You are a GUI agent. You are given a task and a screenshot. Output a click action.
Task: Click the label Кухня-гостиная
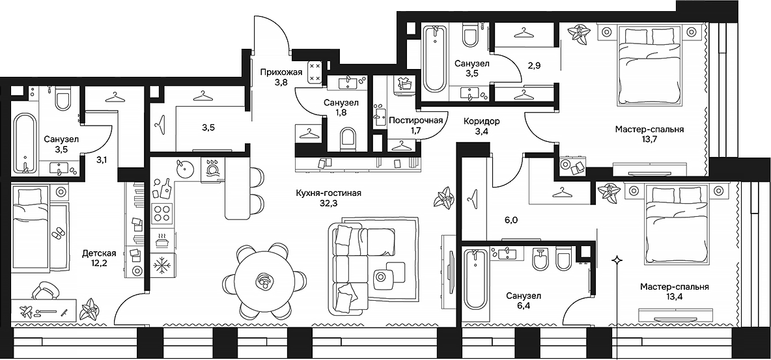tap(318, 193)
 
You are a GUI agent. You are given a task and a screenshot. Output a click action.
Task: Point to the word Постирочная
tap(415, 120)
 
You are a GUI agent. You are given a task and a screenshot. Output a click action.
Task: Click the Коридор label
tap(481, 121)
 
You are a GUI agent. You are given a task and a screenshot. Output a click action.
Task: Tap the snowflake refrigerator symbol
tap(160, 265)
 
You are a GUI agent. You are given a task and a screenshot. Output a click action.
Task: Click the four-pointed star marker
tap(615, 260)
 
